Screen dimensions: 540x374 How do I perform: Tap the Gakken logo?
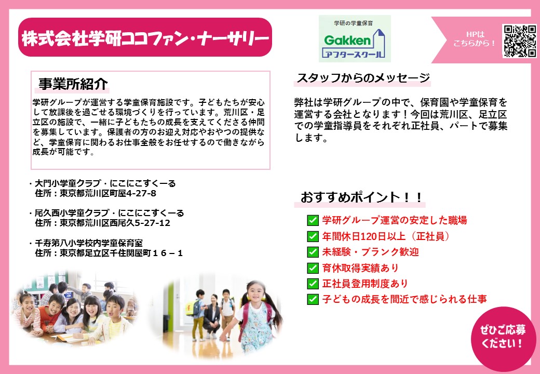coord(355,38)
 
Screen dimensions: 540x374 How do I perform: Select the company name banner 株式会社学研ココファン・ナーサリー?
coord(145,37)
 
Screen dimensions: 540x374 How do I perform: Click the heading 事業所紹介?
coord(73,84)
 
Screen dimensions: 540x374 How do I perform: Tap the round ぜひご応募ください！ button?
coord(503,337)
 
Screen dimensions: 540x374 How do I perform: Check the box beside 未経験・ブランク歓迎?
coord(313,252)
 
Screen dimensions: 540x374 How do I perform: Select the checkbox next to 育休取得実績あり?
coord(313,268)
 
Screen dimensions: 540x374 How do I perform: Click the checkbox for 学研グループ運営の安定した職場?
coord(313,220)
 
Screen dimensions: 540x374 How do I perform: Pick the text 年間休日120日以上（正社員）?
coord(386,236)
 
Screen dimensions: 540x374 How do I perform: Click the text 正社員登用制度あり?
coord(365,284)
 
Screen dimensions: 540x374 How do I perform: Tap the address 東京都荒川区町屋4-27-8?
coord(108,193)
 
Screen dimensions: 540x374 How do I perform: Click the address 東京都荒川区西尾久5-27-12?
coord(115,223)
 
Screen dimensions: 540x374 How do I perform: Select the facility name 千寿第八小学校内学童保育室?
coord(89,243)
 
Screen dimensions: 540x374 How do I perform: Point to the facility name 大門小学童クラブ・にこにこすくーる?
coord(105,183)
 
